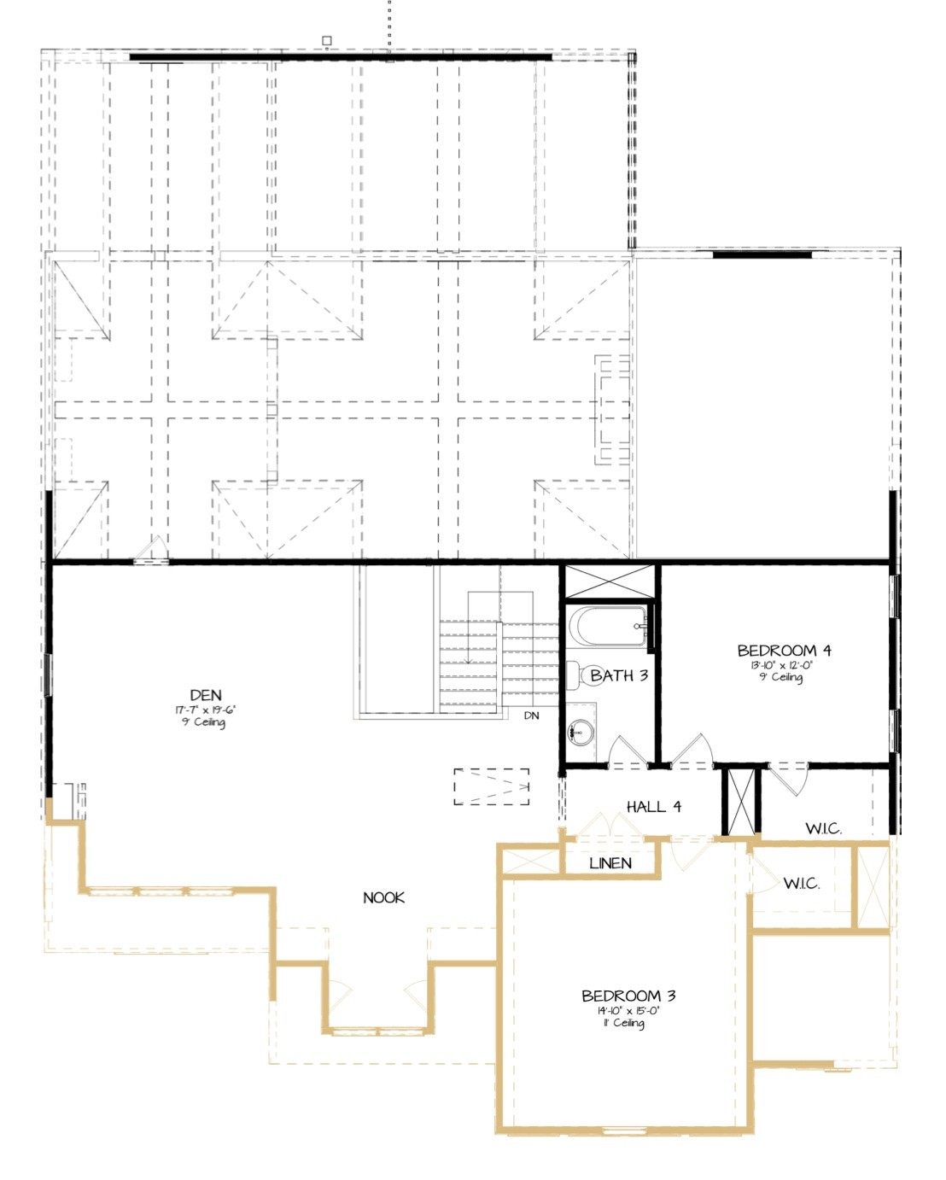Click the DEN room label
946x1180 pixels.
point(206,695)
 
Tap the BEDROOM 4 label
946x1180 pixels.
point(784,651)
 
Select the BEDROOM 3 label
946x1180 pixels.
point(628,996)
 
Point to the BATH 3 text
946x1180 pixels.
point(619,675)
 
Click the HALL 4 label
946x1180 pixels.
point(653,806)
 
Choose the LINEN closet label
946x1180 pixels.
point(610,863)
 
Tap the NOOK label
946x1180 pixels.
point(383,897)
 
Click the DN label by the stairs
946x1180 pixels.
point(531,716)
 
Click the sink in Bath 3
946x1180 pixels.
point(582,731)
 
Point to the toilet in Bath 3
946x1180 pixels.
point(575,675)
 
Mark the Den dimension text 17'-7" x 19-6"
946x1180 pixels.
point(206,710)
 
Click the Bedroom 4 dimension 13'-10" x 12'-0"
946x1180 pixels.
point(780,664)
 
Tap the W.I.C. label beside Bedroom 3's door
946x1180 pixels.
point(802,884)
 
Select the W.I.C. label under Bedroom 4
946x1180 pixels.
point(823,828)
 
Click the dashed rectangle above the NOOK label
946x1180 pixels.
point(491,786)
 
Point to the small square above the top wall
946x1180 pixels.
point(326,40)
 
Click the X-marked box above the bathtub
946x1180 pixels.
point(610,582)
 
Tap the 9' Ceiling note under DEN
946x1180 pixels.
point(203,722)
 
